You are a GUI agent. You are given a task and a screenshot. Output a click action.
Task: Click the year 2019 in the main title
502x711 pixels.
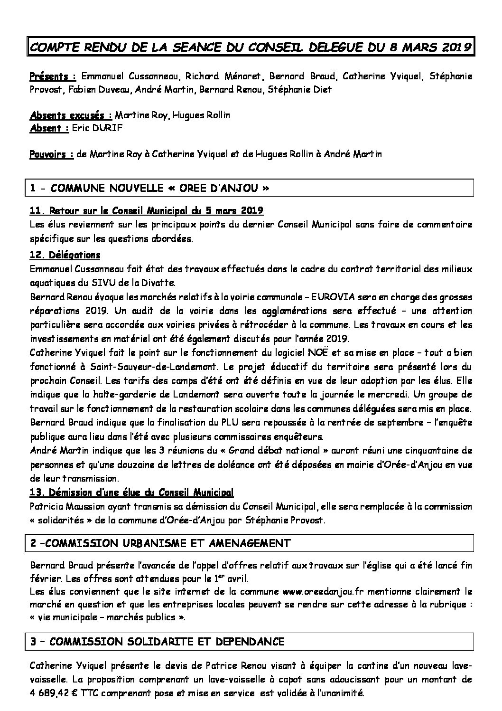pos(453,47)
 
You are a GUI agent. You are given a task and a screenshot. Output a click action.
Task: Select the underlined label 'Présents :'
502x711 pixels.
pos(53,76)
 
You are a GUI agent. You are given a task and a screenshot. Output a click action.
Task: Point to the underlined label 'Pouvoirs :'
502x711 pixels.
pos(52,154)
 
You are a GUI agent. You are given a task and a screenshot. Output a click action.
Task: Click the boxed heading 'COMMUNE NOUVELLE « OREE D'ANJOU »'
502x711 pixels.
pos(160,188)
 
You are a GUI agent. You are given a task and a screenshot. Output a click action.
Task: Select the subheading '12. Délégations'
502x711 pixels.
pos(65,256)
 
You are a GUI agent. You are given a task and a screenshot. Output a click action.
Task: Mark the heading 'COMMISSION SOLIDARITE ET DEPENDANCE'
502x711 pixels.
pos(167,642)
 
